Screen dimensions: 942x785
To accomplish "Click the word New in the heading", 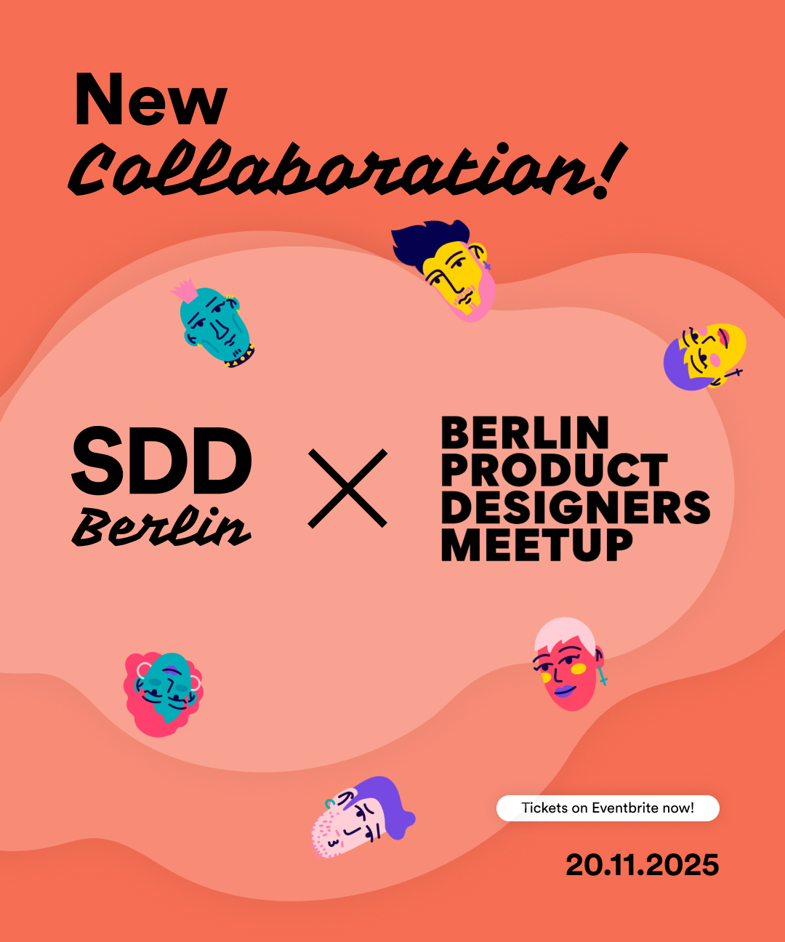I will [150, 100].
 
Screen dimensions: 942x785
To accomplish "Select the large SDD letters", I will [161, 461].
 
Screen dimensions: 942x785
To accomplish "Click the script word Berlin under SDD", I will [161, 526].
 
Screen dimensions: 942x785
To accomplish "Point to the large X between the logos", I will [347, 488].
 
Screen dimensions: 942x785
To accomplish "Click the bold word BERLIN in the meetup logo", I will [525, 433].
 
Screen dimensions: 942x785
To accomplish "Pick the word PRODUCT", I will [554, 470].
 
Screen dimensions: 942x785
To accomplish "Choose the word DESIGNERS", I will [575, 507].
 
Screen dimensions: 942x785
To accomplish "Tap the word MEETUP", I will [537, 545].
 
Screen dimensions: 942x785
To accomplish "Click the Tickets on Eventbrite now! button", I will [608, 808].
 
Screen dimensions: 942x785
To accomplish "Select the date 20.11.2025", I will [642, 865].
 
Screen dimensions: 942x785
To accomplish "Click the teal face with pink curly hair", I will [164, 693].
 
